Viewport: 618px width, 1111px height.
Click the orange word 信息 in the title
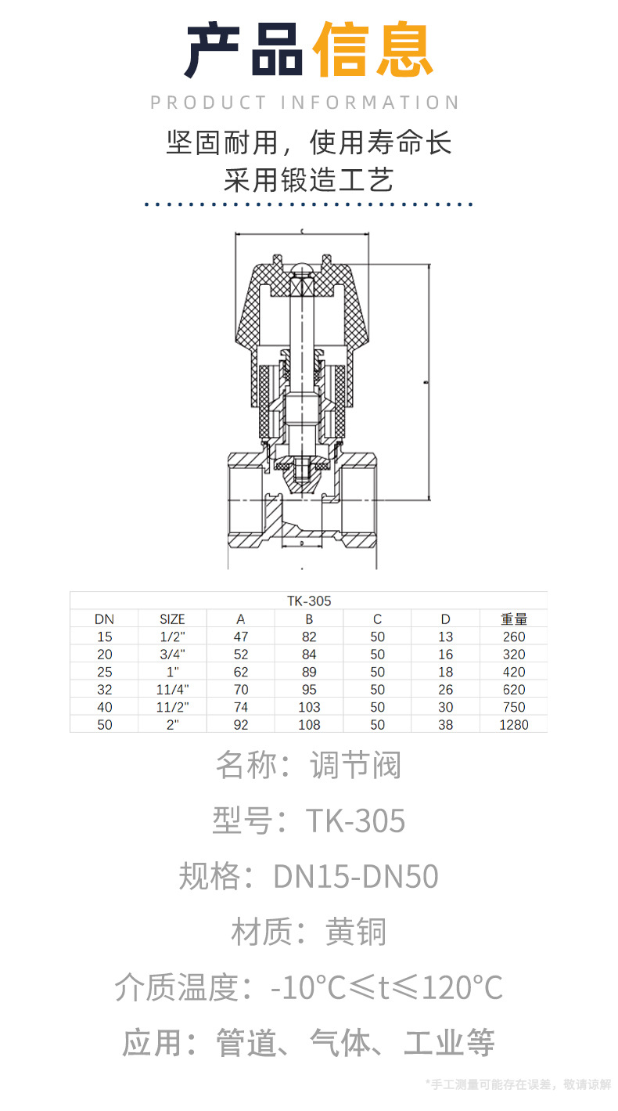[x=372, y=51]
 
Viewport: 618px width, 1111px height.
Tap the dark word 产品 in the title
[x=244, y=51]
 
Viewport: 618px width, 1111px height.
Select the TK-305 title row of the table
[x=308, y=601]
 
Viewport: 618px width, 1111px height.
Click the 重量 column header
[x=513, y=619]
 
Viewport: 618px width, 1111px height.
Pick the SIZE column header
[x=172, y=619]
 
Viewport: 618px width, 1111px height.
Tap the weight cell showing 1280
[x=513, y=725]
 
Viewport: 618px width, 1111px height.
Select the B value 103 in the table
[x=309, y=707]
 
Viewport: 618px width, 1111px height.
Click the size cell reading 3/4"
[x=172, y=655]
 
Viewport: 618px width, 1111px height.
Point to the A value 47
[x=241, y=637]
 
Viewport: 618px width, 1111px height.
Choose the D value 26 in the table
[x=445, y=690]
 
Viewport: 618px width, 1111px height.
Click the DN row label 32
[x=105, y=690]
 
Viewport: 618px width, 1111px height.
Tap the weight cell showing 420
[x=513, y=672]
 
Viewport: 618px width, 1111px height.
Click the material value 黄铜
[x=356, y=932]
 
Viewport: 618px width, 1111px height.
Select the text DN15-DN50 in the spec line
[x=356, y=877]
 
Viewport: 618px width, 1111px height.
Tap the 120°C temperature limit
[x=462, y=988]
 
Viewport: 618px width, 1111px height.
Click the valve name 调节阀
[x=356, y=765]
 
